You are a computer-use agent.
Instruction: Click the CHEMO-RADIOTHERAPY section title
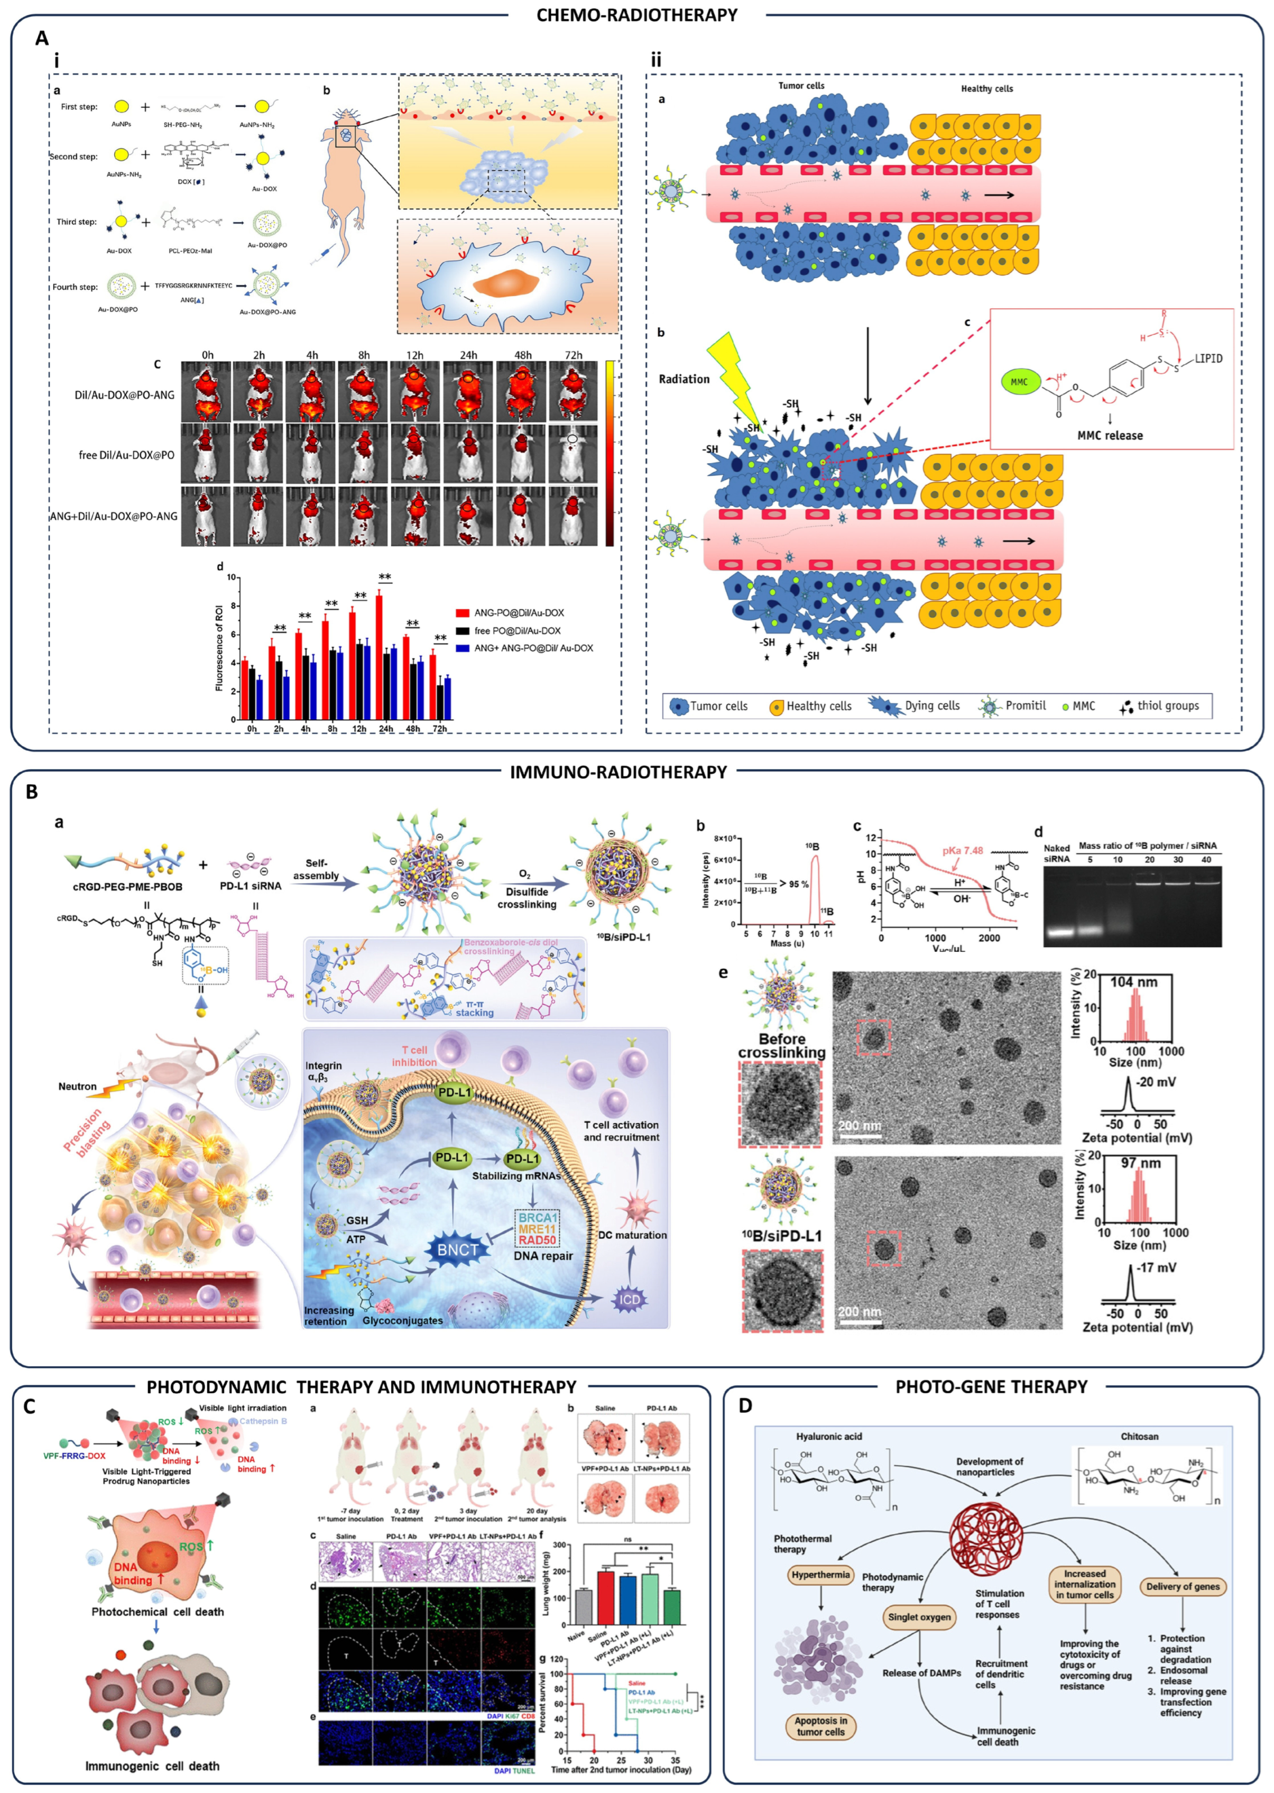[636, 15]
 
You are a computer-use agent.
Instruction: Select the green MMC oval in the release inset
[1018, 382]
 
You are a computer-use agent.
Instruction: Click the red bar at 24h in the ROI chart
[379, 657]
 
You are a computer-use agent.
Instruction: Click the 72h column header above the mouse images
[574, 355]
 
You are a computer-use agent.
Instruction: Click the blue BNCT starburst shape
[457, 1250]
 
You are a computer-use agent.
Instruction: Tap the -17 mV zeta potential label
[1156, 1267]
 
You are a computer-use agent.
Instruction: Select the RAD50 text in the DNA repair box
[538, 1240]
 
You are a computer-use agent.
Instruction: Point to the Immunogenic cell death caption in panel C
[152, 1766]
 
